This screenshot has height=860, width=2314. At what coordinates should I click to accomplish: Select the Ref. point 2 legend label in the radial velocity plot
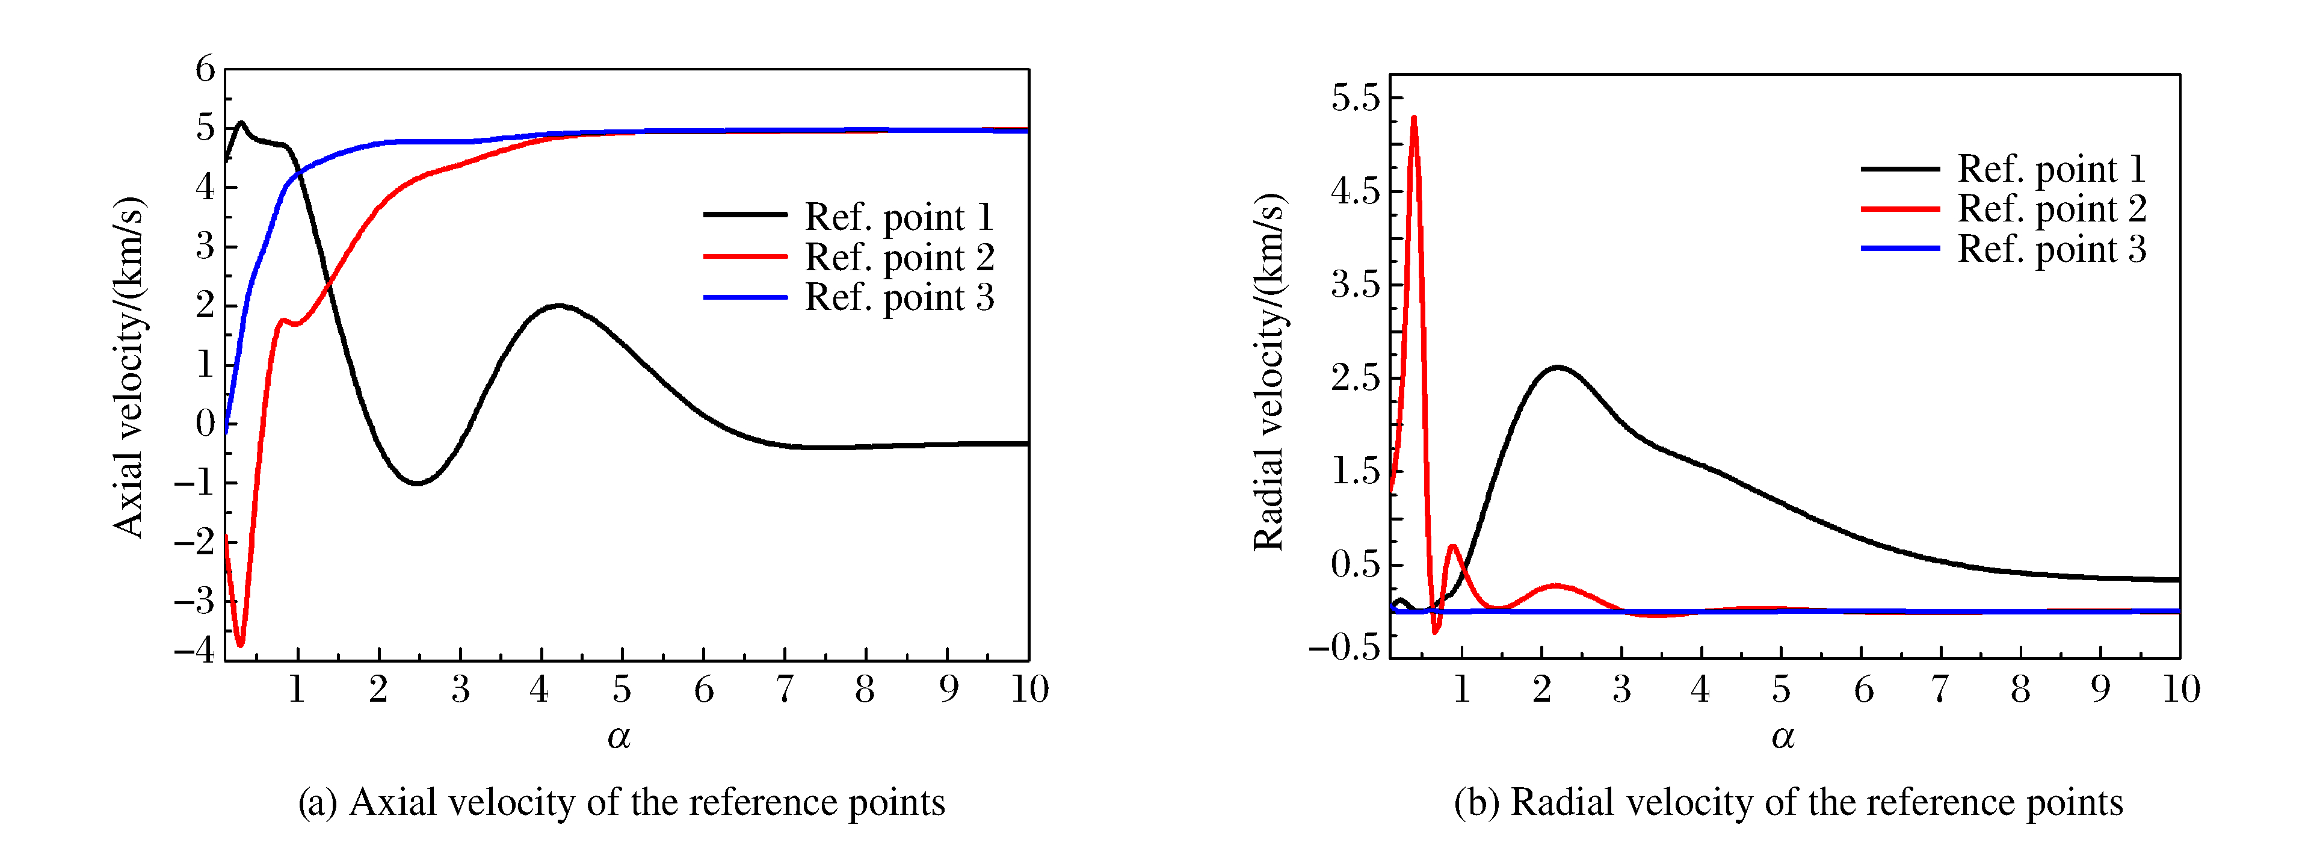[2052, 208]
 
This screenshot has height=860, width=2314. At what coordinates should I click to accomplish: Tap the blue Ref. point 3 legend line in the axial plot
[745, 297]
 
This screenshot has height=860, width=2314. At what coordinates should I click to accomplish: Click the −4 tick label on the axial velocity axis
[195, 648]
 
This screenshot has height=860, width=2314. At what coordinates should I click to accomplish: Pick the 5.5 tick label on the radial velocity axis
[1356, 97]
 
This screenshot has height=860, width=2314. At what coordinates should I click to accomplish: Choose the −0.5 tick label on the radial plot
[1345, 646]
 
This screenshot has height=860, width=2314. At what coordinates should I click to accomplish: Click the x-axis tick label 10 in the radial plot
[2181, 689]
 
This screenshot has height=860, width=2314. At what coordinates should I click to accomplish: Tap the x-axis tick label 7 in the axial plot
[784, 689]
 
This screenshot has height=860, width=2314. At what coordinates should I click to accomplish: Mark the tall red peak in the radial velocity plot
[1414, 118]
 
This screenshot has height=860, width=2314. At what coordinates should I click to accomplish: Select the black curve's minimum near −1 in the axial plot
[417, 483]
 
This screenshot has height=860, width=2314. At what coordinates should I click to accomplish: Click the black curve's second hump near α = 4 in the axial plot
[559, 306]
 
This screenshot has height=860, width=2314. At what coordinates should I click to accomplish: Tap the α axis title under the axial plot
[619, 737]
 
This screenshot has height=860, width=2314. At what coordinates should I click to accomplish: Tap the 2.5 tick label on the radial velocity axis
[1356, 377]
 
